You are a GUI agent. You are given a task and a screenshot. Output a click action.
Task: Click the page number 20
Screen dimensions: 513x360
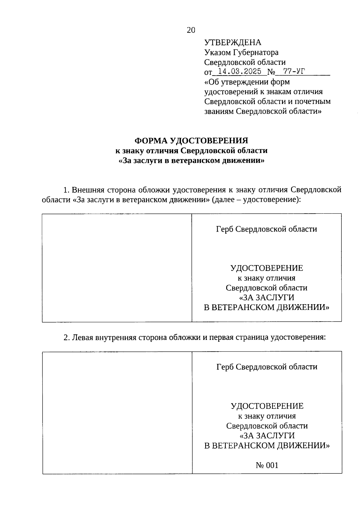(x=191, y=30)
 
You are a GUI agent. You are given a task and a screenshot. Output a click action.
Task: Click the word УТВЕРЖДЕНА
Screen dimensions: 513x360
(x=232, y=43)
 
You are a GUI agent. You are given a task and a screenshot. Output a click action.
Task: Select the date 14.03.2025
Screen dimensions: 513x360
(x=239, y=72)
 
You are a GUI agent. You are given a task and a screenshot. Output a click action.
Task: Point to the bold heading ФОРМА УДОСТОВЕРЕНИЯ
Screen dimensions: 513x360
(x=191, y=140)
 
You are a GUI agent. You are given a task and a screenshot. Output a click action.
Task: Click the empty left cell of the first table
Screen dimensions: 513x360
(x=117, y=268)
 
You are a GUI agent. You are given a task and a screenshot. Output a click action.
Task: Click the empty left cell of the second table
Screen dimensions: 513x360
(x=117, y=412)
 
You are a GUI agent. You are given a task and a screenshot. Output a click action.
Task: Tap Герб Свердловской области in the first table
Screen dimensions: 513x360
(x=266, y=229)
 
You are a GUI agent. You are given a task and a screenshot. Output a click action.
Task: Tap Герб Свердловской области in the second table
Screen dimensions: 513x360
(x=267, y=367)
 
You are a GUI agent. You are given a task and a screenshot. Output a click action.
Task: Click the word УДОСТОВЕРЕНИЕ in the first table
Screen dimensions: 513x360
(x=266, y=268)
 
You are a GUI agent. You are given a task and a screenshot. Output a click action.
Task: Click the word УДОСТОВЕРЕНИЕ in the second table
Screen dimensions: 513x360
(x=267, y=406)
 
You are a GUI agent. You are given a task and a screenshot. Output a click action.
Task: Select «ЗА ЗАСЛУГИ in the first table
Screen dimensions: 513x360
(x=266, y=297)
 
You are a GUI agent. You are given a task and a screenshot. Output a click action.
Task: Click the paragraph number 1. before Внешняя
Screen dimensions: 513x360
(x=66, y=190)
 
